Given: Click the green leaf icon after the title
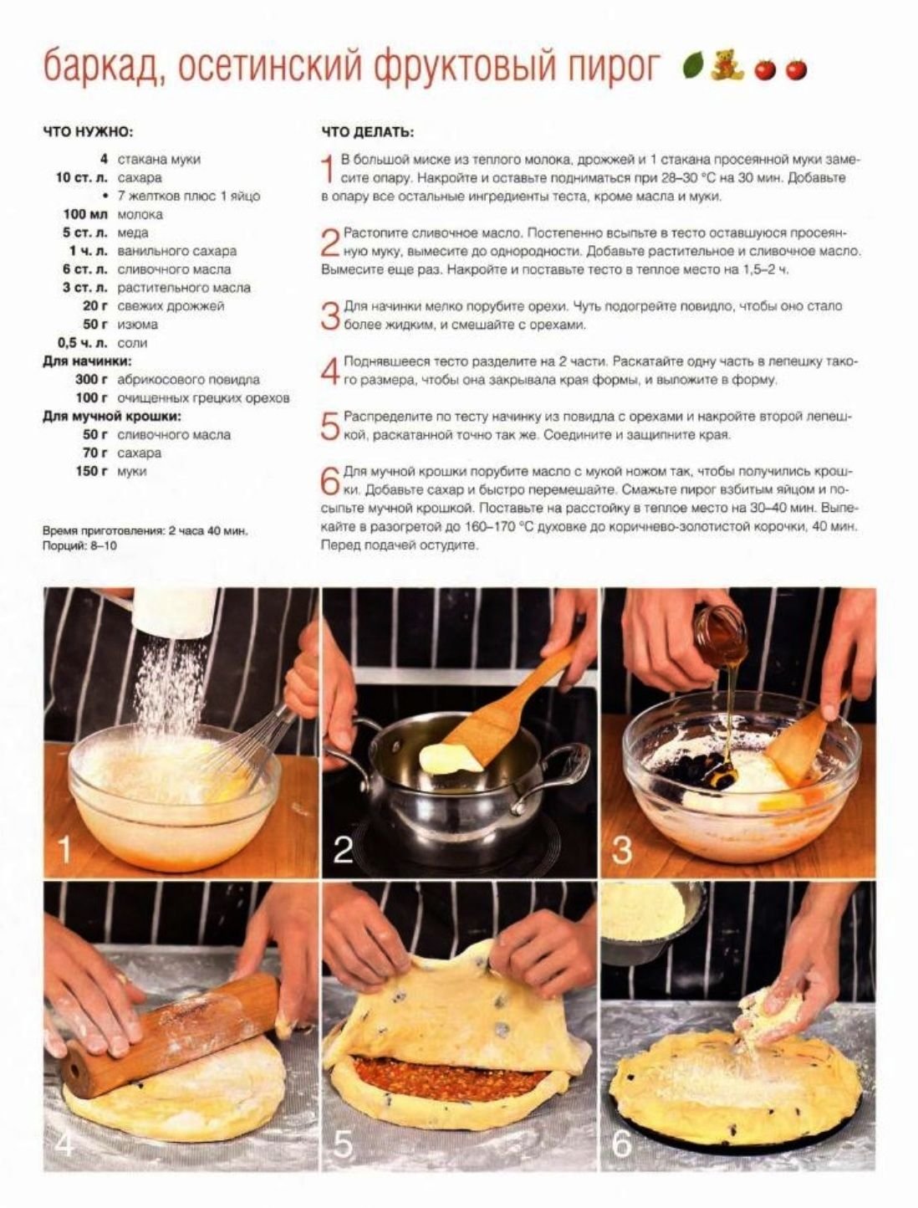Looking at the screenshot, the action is (692, 65).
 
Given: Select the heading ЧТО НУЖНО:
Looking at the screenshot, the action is (88, 132).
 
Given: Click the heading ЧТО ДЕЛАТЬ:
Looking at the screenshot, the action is (367, 132).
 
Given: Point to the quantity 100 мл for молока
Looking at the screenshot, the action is (85, 214).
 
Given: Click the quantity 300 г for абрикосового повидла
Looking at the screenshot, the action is (91, 379).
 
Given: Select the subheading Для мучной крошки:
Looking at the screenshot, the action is (112, 416).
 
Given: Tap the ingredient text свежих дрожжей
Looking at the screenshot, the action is (171, 306).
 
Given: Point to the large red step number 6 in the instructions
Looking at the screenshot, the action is (330, 481).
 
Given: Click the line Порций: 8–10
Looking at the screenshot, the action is (79, 546).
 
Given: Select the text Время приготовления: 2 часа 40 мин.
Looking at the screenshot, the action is (145, 531).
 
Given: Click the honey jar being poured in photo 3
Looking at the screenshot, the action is (721, 637).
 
